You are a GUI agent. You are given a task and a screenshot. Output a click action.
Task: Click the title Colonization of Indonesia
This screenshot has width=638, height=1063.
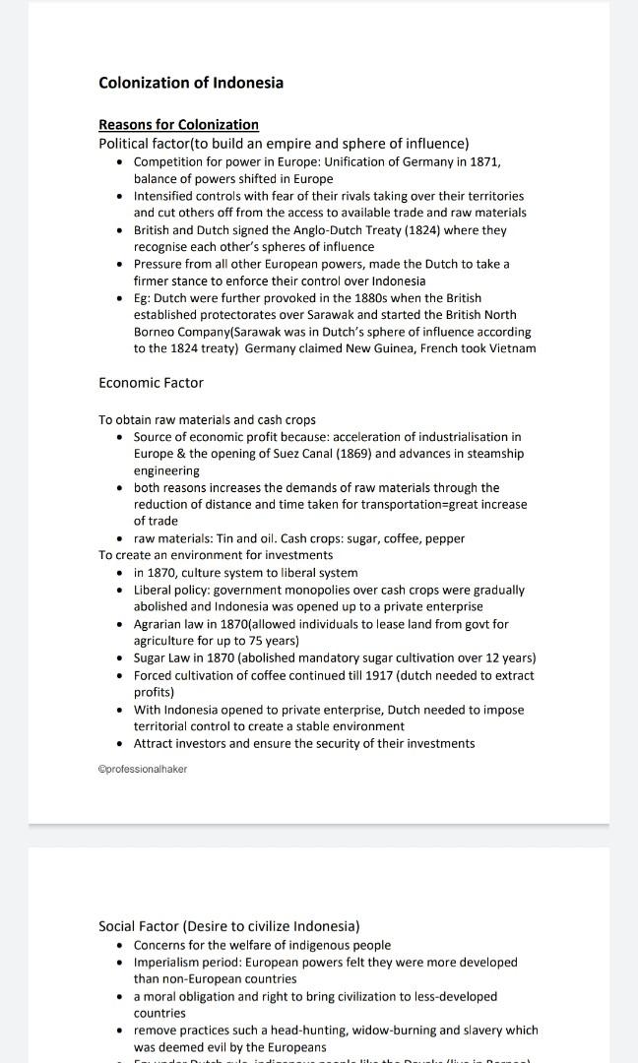190,83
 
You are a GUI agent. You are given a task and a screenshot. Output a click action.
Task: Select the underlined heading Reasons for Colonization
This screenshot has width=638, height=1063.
178,124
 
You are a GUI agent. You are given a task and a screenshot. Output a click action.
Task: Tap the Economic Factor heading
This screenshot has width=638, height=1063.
151,382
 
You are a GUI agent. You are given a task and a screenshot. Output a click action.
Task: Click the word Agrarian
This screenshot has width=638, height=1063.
159,624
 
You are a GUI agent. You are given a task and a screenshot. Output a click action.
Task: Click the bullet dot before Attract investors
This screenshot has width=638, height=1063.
120,744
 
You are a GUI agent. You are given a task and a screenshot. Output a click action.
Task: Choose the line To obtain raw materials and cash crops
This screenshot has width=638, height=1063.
207,419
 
